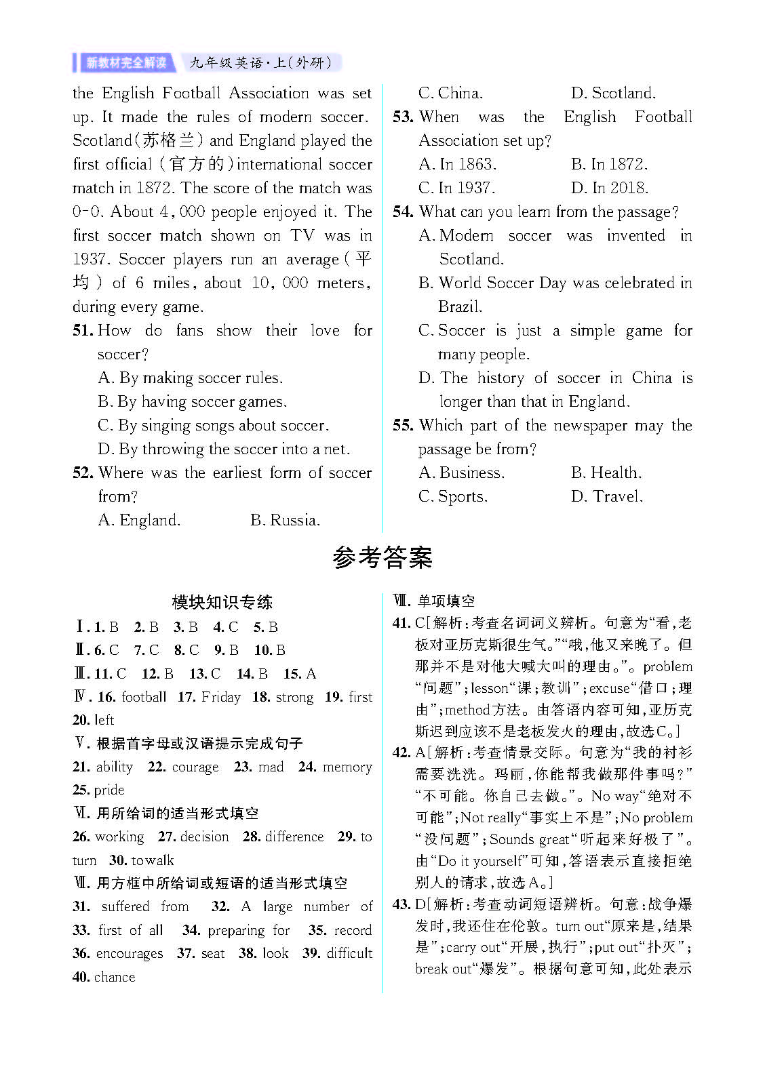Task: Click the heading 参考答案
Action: pos(382,558)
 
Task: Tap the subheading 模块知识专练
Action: pos(222,602)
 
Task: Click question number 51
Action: pos(82,331)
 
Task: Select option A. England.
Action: pos(139,520)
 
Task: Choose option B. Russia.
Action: pos(285,520)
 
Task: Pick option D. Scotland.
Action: pos(613,93)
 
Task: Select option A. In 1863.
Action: pos(458,164)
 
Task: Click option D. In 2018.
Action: pos(610,188)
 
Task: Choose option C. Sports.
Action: pos(453,496)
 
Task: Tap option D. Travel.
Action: pos(607,496)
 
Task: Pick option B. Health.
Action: pos(606,473)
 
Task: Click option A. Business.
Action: pos(461,473)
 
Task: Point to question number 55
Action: pos(403,426)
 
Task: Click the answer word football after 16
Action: pos(144,697)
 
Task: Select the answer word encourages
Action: pos(130,953)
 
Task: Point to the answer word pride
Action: pos(109,790)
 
